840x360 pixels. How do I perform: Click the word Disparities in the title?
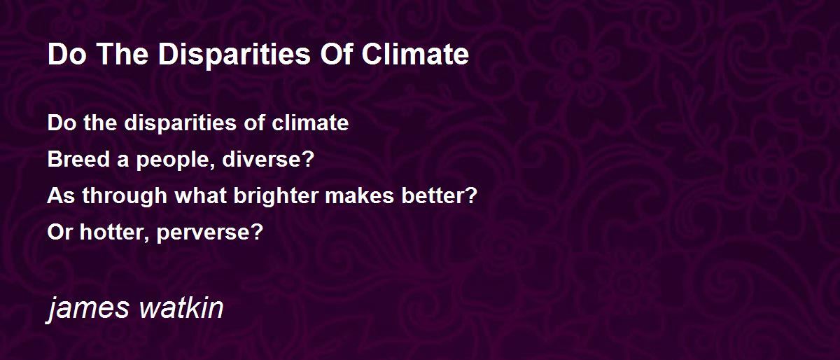coord(234,55)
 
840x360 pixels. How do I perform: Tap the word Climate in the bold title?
coord(415,54)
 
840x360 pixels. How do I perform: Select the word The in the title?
coord(122,54)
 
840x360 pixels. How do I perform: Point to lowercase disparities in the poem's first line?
coord(181,123)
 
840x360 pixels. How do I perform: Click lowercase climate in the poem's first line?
coord(310,123)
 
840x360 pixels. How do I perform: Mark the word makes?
coord(359,195)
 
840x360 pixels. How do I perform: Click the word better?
coord(433,195)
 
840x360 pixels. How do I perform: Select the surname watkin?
coord(181,307)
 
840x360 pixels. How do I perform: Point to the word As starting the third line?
coord(61,195)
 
